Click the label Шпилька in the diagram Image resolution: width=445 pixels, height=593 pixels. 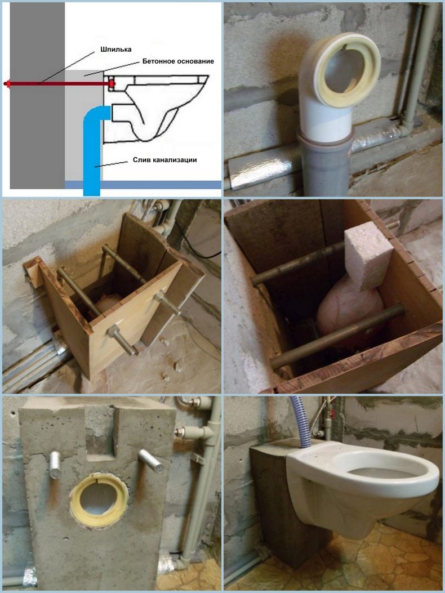116,49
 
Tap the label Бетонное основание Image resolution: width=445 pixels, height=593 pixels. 178,61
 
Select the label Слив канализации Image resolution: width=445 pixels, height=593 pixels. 164,159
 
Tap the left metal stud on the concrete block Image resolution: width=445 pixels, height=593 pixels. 55,465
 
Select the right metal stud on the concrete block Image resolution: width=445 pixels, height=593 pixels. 150,461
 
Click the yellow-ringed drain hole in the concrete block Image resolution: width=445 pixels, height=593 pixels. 99,500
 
